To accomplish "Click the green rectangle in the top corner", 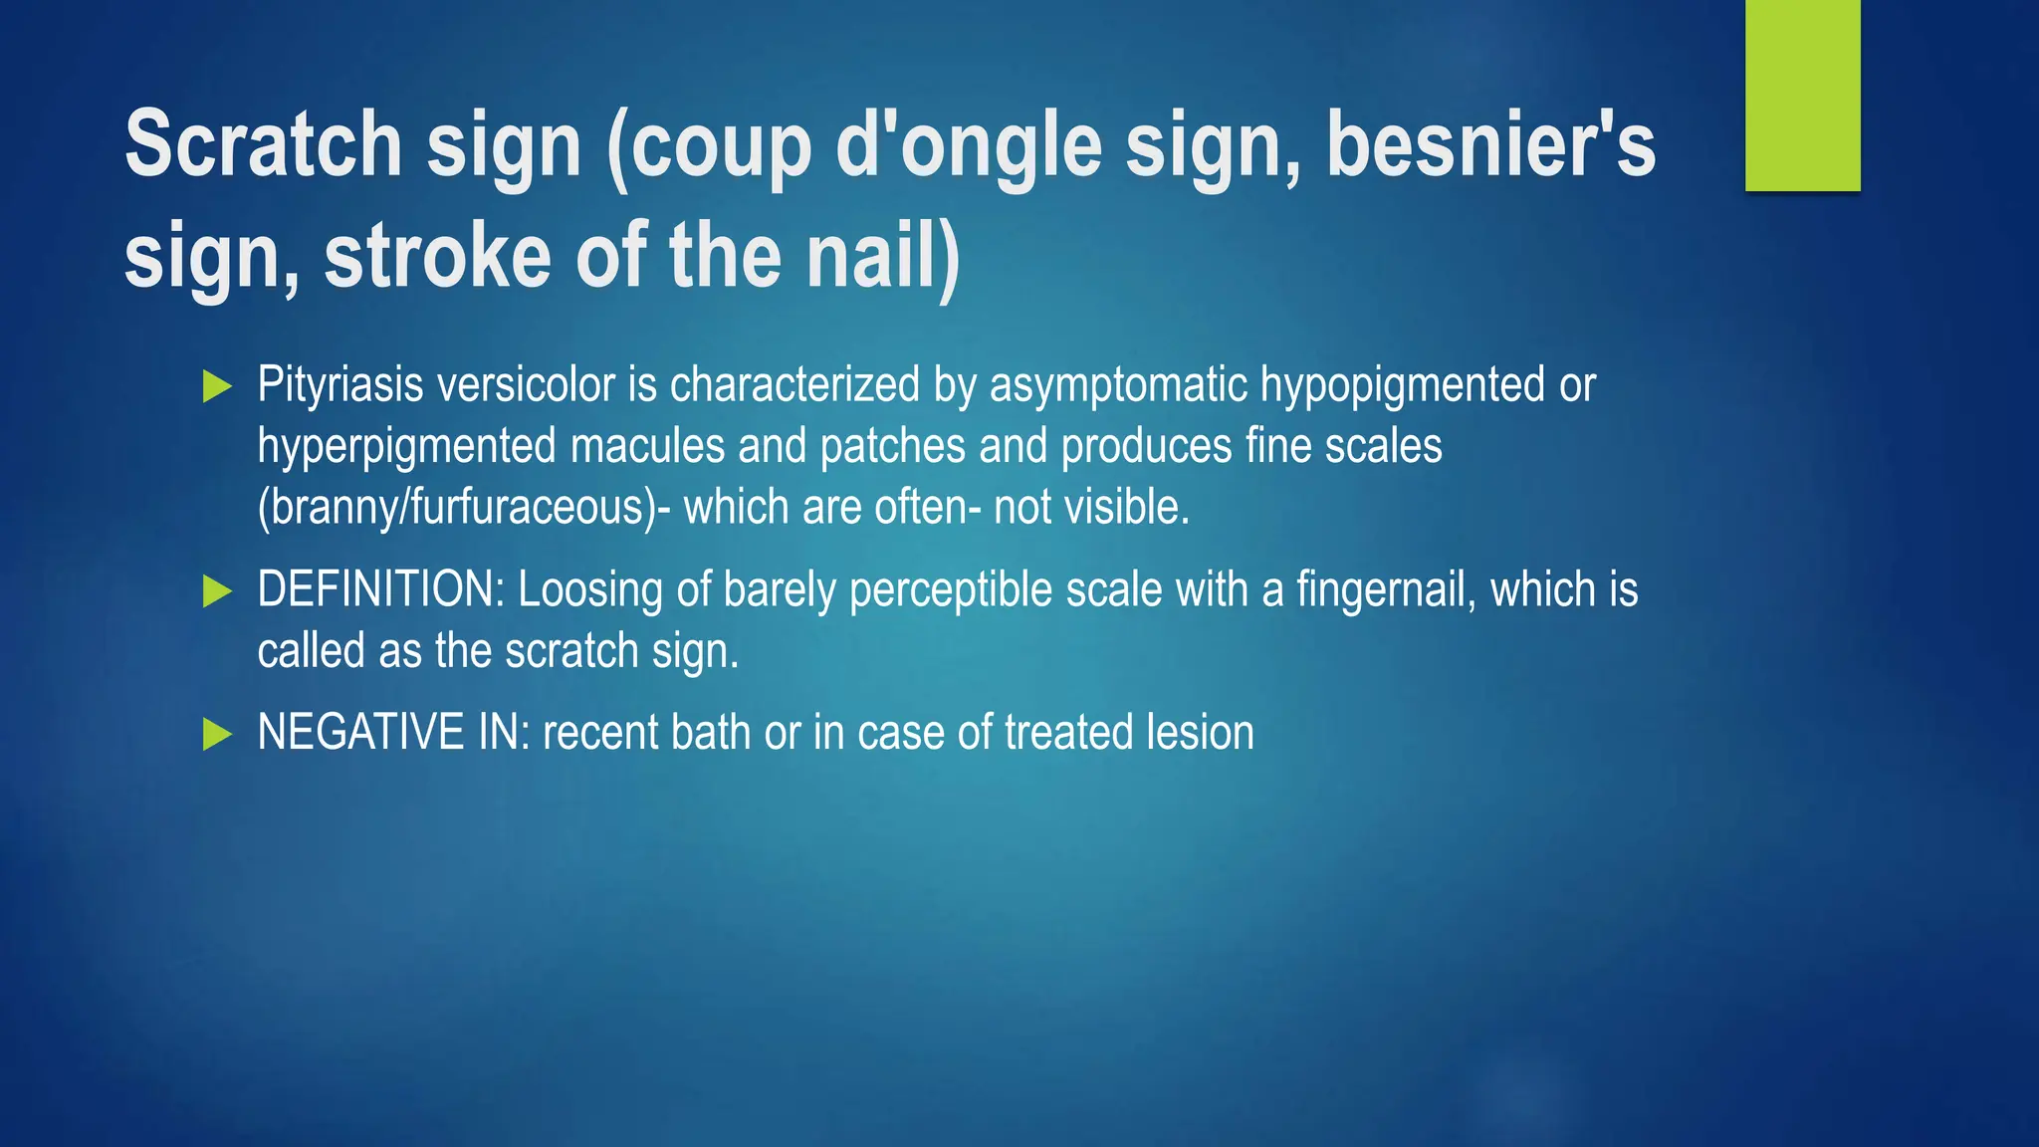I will (x=1802, y=95).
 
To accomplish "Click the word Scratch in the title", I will (x=263, y=145).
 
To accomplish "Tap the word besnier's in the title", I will (x=1490, y=145).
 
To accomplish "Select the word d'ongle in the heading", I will (x=968, y=145).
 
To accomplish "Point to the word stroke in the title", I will (x=437, y=256).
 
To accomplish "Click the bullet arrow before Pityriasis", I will (x=217, y=386).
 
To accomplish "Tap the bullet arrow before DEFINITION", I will (x=217, y=591).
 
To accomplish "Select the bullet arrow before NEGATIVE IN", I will (x=217, y=735).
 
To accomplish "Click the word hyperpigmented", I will (x=407, y=446).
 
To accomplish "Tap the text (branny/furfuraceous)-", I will (x=464, y=508).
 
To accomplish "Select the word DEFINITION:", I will (x=381, y=589).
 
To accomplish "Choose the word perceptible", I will (x=950, y=589).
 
